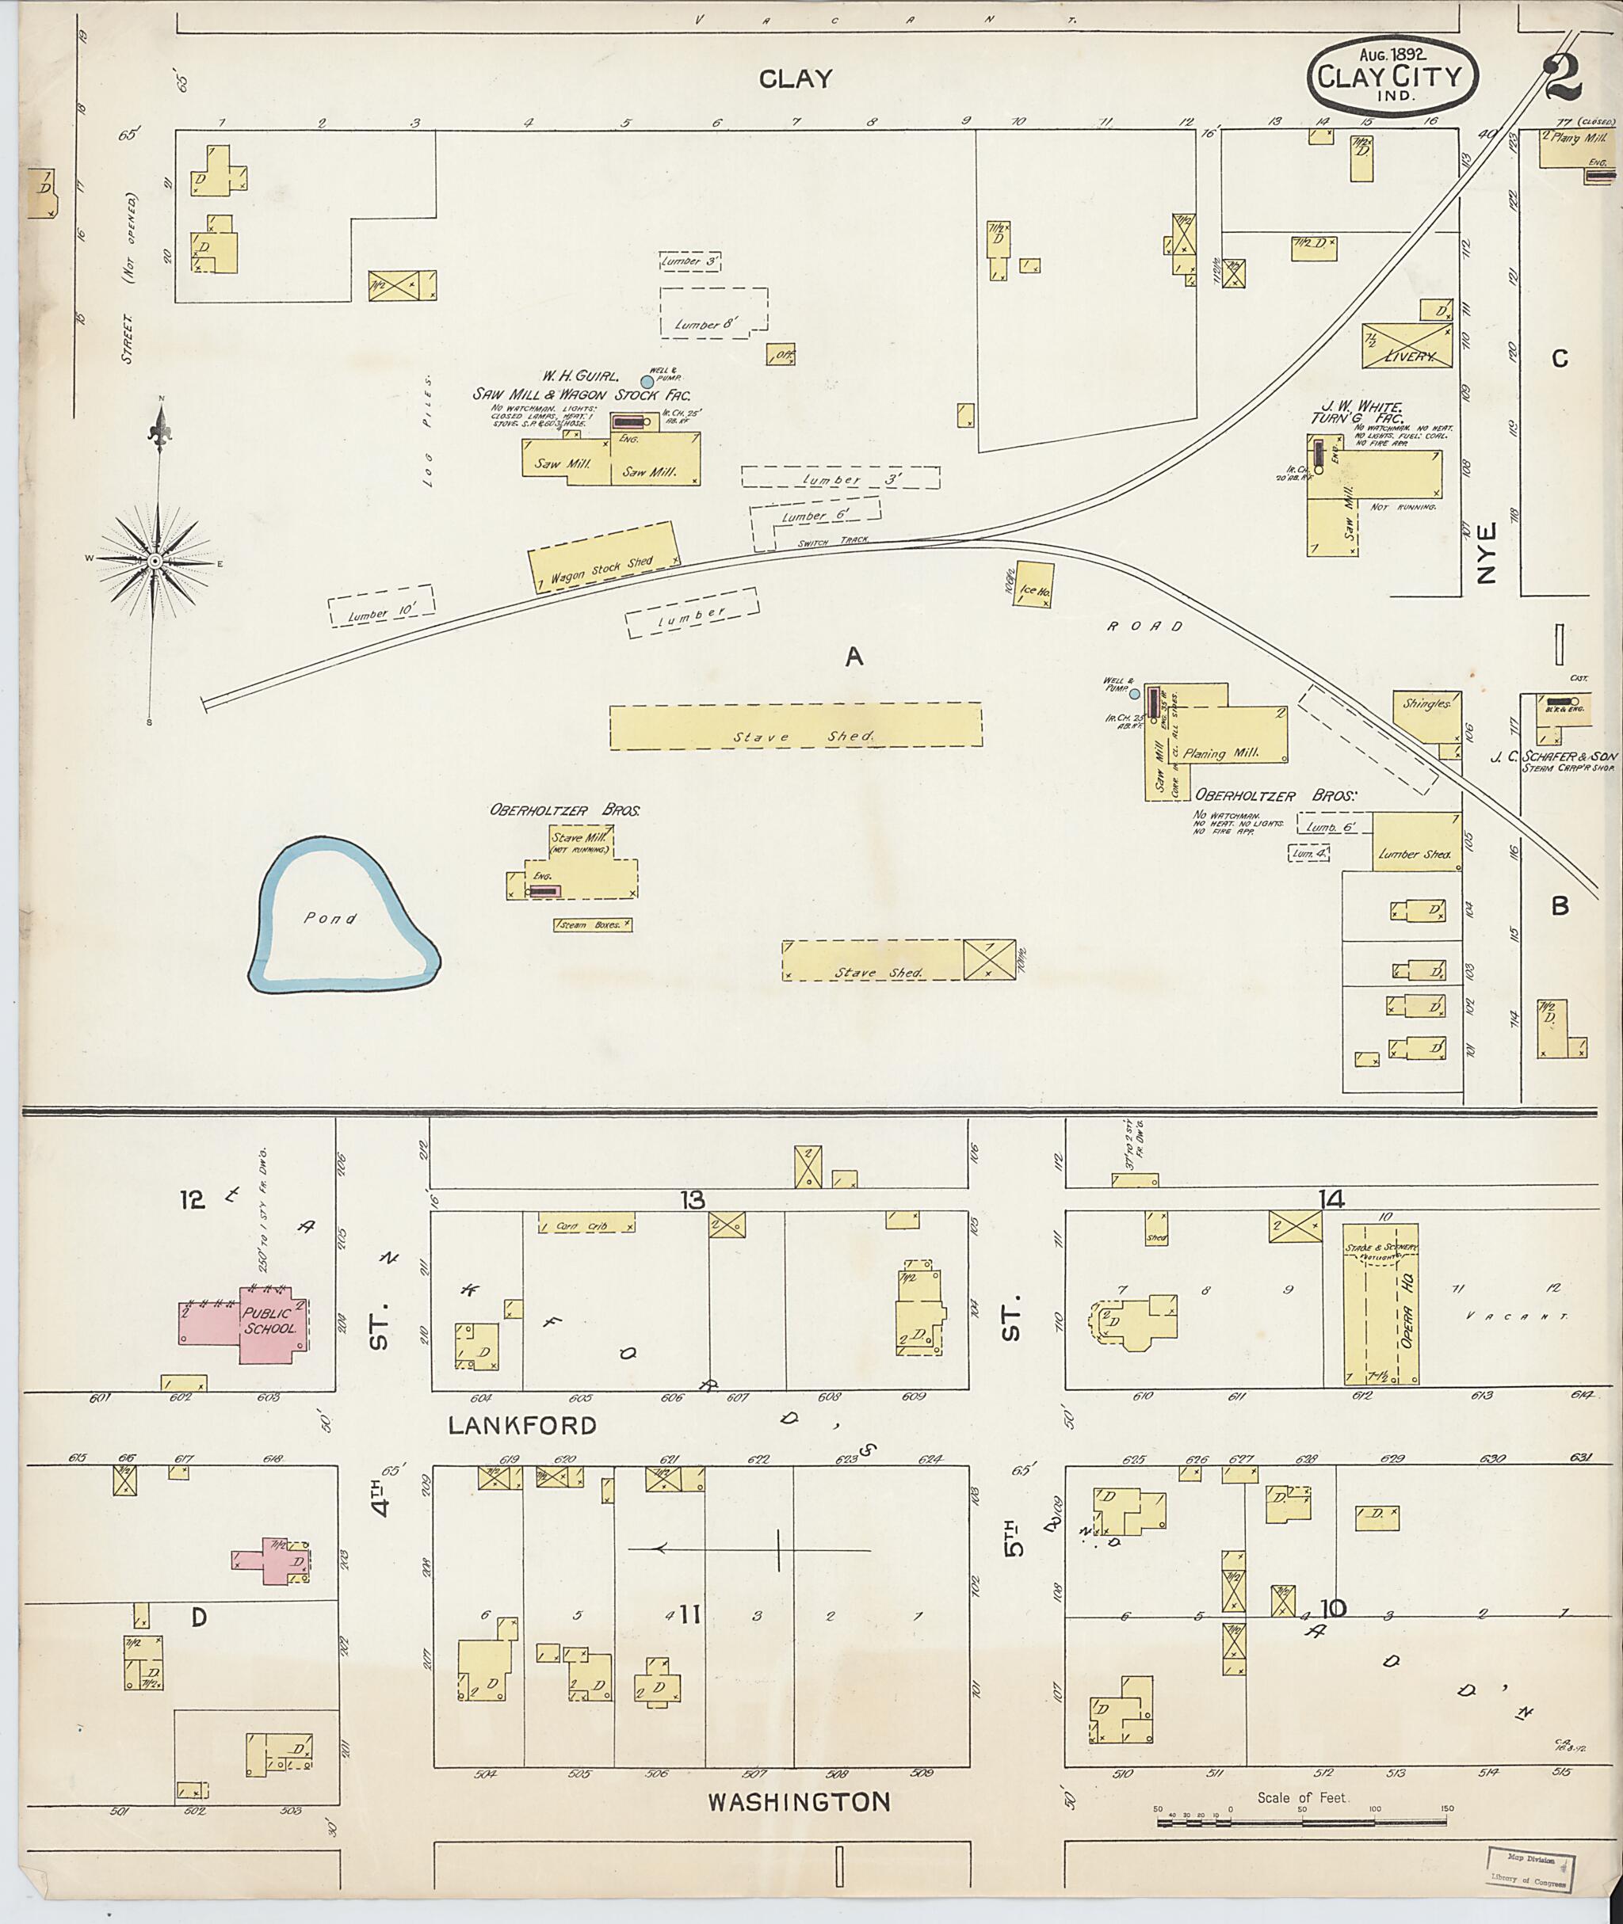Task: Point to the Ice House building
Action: pyautogui.click(x=1033, y=584)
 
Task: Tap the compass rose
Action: pyautogui.click(x=155, y=559)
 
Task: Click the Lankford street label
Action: pyautogui.click(x=521, y=1425)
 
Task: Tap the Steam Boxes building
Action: pyautogui.click(x=592, y=924)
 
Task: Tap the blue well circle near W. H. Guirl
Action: pyautogui.click(x=647, y=381)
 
